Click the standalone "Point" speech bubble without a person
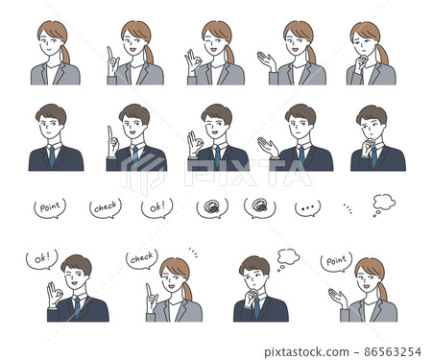(x=50, y=206)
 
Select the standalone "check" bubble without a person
(x=105, y=206)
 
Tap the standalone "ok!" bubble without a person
(x=157, y=206)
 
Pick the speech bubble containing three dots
(x=307, y=207)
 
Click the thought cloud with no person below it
(x=382, y=203)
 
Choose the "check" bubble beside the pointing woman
(x=141, y=257)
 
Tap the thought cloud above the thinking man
(x=286, y=255)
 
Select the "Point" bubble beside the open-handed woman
(x=337, y=260)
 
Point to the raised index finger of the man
(x=110, y=130)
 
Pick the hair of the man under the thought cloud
(x=254, y=265)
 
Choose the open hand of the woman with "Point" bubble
(x=336, y=297)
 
